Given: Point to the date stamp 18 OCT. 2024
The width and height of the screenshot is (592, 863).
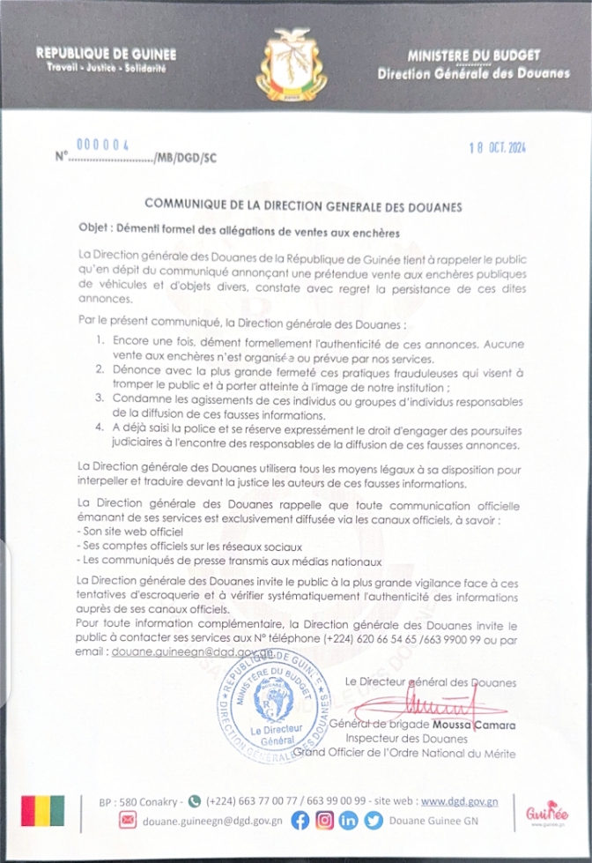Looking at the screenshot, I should (x=496, y=147).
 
